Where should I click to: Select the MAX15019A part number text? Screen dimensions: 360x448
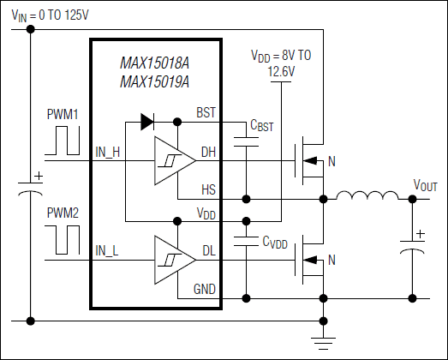156,82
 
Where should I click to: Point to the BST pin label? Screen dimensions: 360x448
206,112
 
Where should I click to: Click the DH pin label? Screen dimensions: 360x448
208,153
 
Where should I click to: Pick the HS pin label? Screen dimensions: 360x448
208,189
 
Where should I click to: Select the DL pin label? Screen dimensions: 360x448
208,251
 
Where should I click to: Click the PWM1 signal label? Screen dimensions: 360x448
63,113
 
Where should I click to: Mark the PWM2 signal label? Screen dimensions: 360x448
63,211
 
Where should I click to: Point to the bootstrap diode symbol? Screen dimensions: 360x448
146,123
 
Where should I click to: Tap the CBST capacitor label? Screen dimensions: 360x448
262,126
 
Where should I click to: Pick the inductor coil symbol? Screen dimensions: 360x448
363,198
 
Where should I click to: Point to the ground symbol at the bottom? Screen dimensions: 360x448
324,343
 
